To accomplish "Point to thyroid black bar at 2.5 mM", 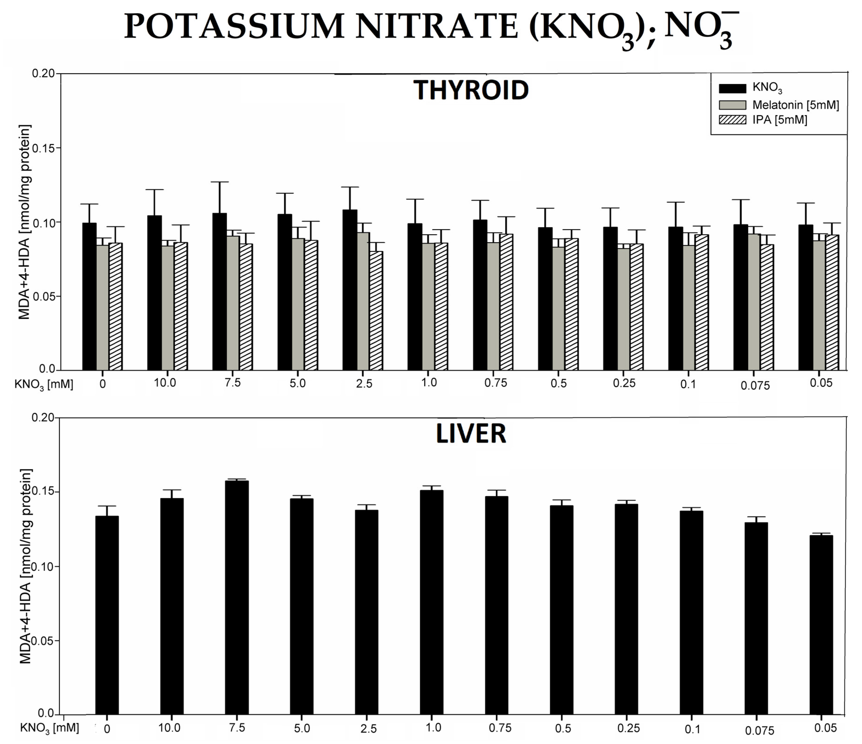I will click(350, 291).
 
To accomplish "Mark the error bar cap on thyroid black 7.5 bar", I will click(220, 182).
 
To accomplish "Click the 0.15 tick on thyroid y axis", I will click(43, 148).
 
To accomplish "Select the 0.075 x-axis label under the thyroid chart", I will click(755, 386).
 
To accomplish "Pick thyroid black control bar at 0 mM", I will click(89, 297).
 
